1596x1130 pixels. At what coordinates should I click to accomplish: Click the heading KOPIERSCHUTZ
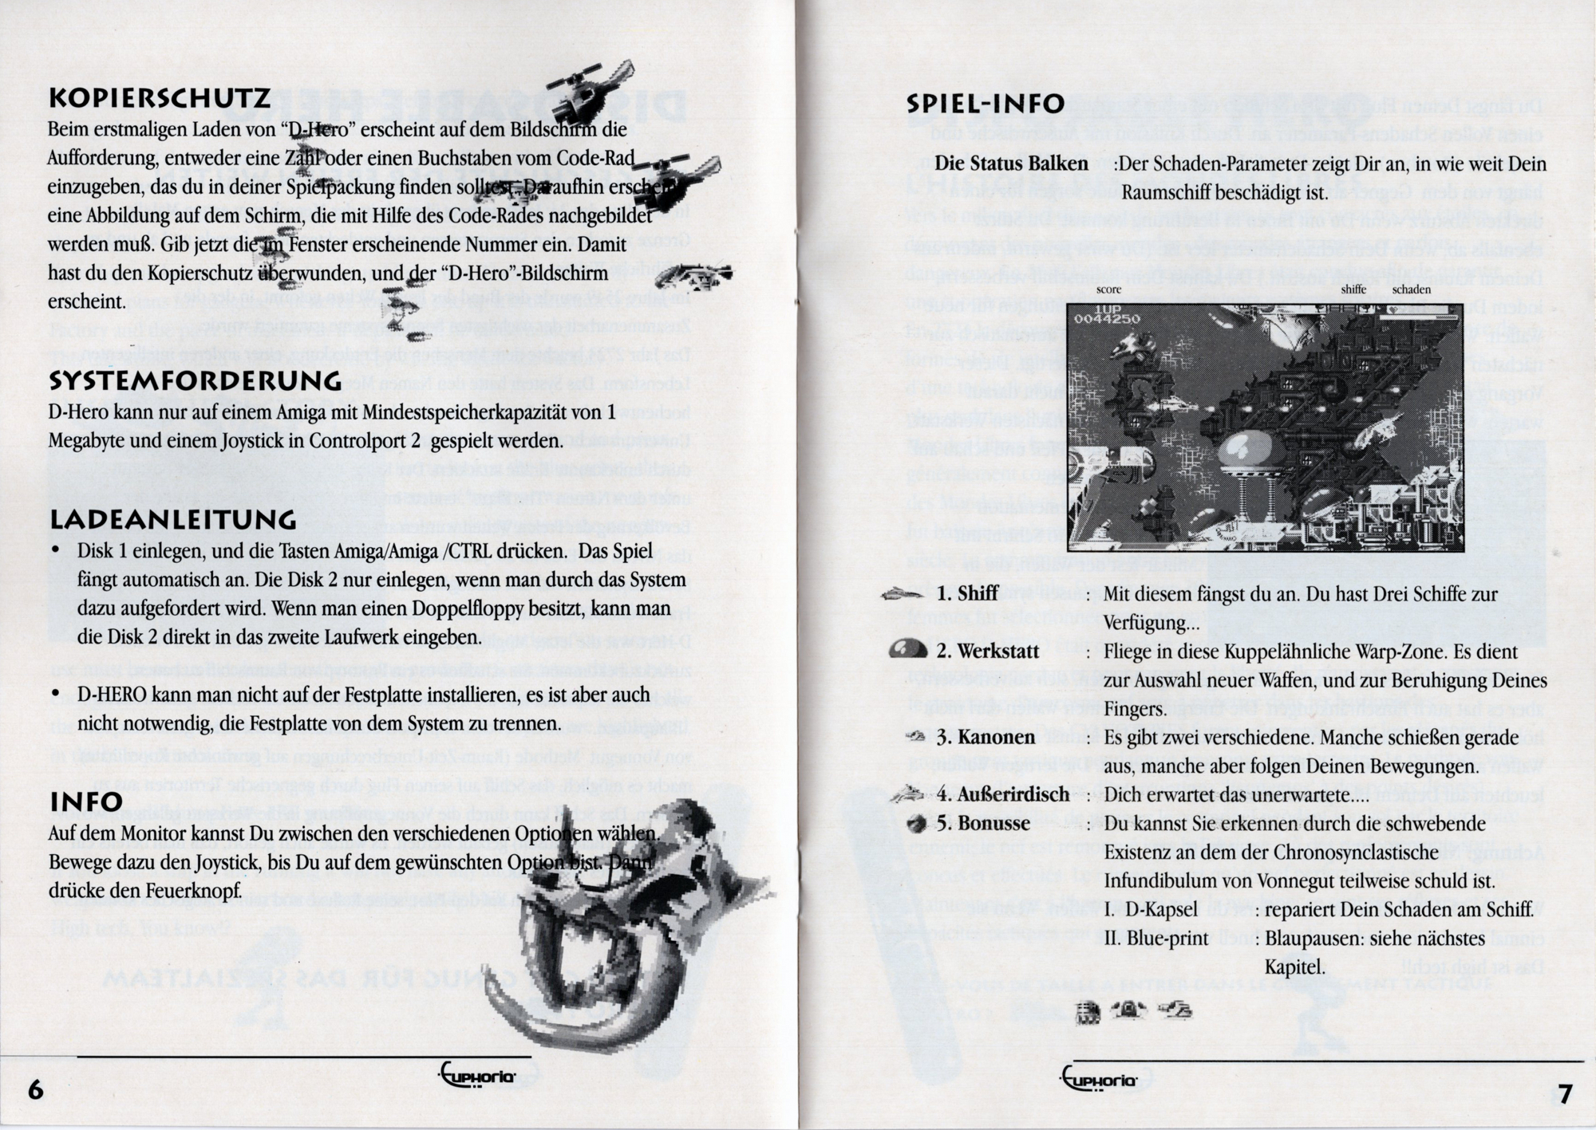point(159,99)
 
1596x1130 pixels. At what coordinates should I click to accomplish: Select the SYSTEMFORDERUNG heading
point(196,381)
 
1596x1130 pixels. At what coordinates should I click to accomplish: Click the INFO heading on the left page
point(86,802)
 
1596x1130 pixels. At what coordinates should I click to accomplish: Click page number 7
point(1565,1093)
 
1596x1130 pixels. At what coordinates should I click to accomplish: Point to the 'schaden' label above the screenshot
point(1411,289)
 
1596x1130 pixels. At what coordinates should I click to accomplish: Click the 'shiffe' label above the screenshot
point(1353,289)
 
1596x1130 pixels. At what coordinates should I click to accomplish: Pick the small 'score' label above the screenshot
point(1108,289)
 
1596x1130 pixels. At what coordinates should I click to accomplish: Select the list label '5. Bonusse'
point(983,823)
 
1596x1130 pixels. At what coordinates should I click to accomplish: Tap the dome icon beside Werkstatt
point(907,649)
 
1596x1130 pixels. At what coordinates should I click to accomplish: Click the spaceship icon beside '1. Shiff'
point(906,594)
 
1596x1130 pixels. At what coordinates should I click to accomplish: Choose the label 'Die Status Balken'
point(1011,164)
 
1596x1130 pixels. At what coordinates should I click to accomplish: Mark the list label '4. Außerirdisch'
point(1003,795)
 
